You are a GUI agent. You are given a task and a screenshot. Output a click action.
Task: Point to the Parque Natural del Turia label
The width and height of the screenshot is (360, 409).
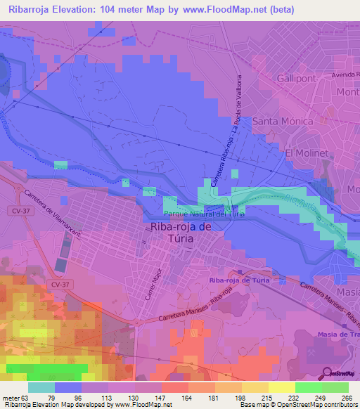click(204, 214)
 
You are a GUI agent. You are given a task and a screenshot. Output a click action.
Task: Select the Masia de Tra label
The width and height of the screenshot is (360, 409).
click(336, 335)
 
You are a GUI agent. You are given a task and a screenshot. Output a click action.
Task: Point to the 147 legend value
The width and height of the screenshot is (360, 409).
click(162, 398)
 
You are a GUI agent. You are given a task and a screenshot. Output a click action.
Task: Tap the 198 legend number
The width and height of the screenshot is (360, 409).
click(241, 398)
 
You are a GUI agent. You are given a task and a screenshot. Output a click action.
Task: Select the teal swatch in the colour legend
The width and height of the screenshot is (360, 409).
click(41, 387)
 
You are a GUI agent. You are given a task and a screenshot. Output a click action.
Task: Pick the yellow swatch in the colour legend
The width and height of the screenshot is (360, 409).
click(281, 387)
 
